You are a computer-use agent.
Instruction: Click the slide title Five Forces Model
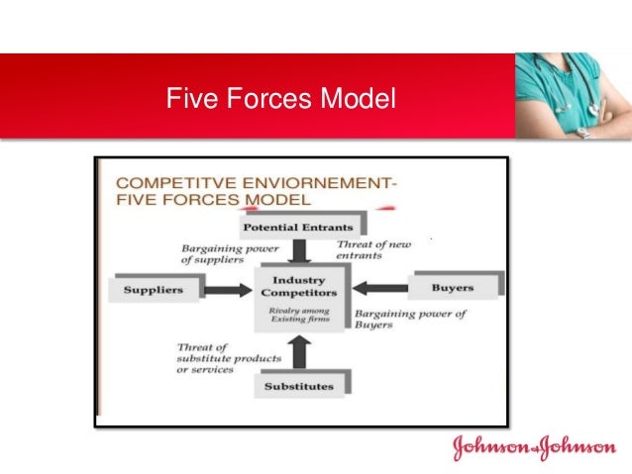coord(280,100)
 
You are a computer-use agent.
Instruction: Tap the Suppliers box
coord(153,290)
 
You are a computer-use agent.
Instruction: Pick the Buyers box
coord(452,288)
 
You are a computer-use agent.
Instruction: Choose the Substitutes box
coord(299,386)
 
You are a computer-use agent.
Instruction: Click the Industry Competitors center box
coord(298,287)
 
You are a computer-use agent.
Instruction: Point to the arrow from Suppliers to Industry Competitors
coord(229,290)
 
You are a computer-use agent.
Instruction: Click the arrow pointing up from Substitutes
coord(301,350)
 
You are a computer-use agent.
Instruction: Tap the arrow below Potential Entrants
coord(300,251)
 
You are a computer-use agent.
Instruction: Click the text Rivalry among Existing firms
coord(298,316)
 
